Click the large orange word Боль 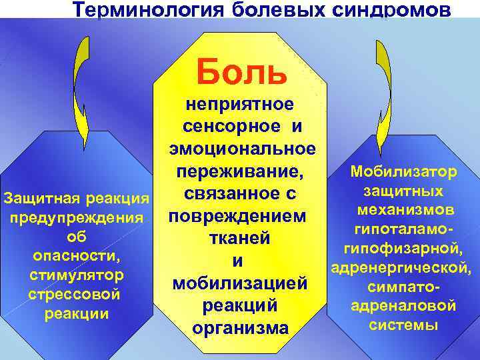(241, 72)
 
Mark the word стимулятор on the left (75, 275)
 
